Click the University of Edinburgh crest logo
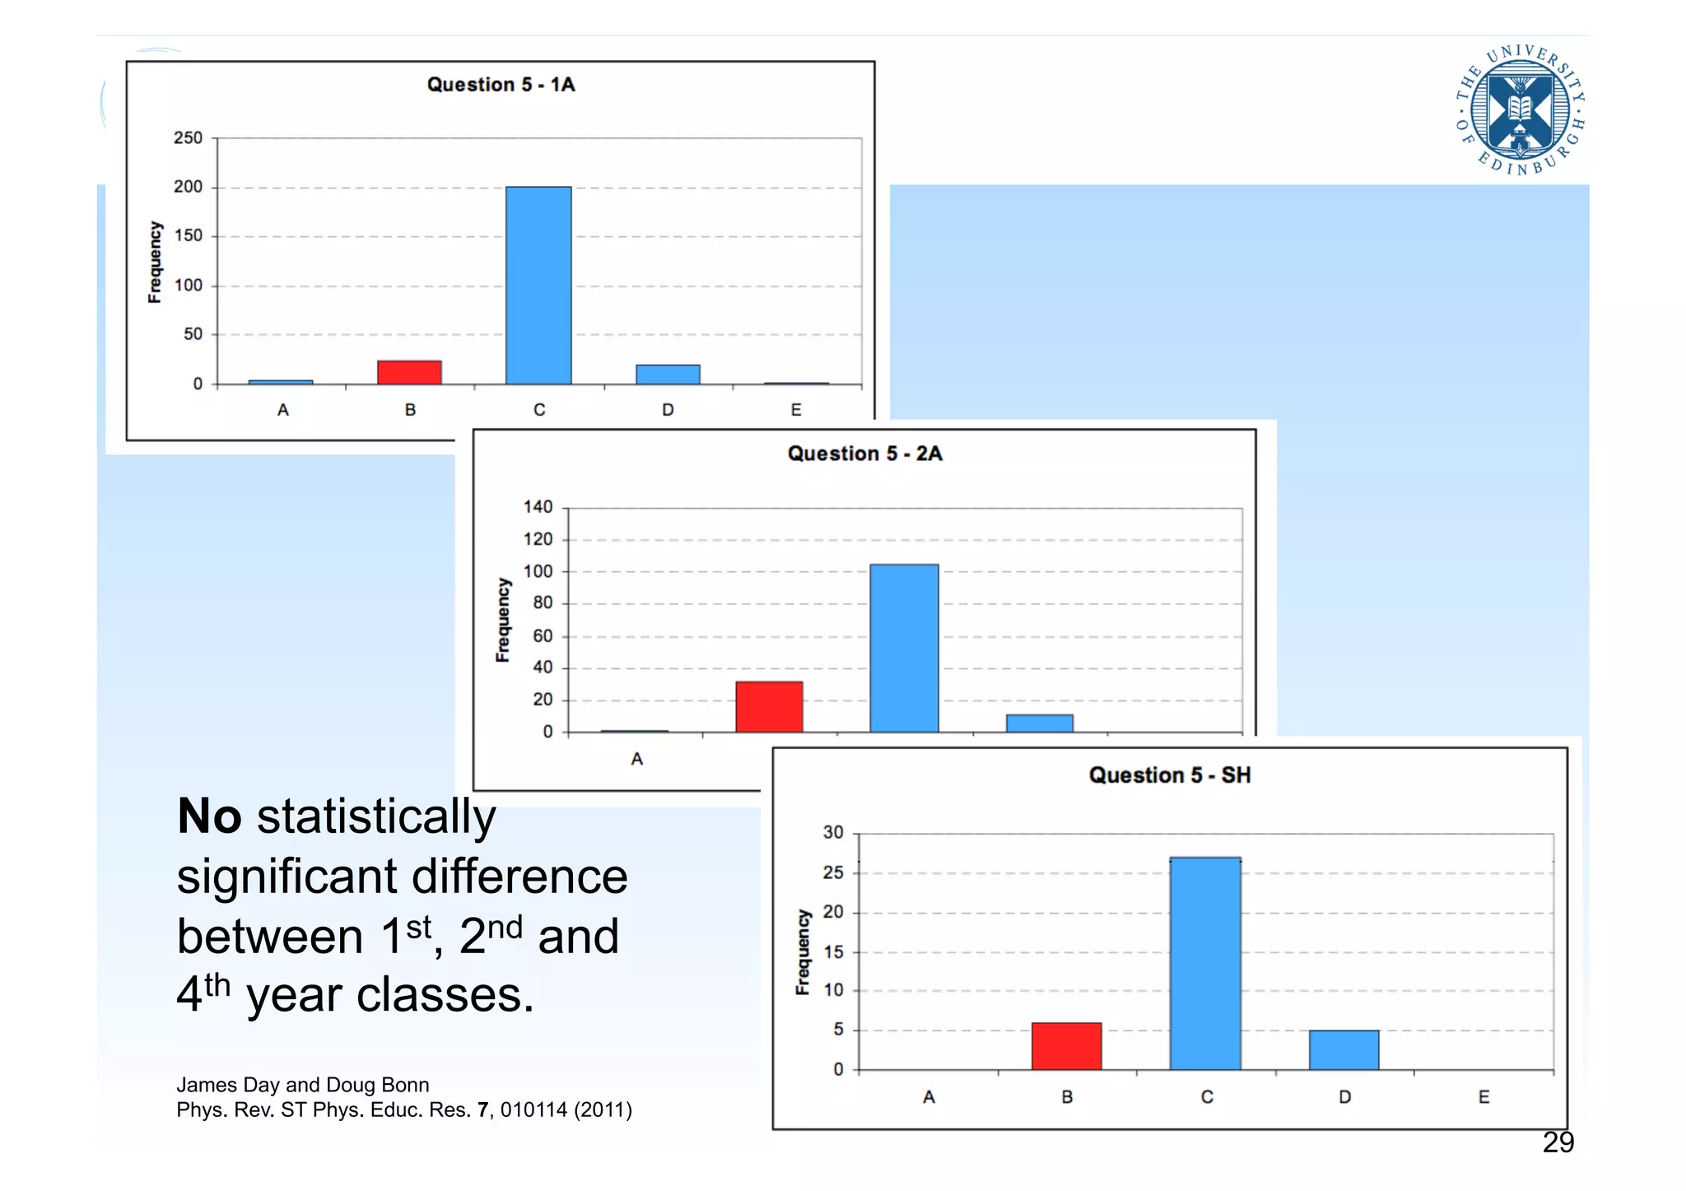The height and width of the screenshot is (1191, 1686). pyautogui.click(x=1520, y=109)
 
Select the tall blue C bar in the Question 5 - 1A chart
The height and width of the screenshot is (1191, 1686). pyautogui.click(x=538, y=285)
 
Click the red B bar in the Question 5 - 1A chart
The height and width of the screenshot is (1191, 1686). pyautogui.click(x=409, y=372)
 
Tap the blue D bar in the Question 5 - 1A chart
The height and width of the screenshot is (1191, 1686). pyautogui.click(x=668, y=375)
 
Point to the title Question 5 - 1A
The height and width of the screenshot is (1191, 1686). pyautogui.click(x=501, y=85)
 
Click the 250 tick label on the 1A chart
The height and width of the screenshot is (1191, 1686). pyautogui.click(x=188, y=138)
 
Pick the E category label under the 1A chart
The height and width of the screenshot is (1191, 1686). pyautogui.click(x=795, y=410)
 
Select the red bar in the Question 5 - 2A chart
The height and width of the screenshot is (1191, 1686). pyautogui.click(x=769, y=706)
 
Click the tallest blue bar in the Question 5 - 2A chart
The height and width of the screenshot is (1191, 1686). pyautogui.click(x=904, y=648)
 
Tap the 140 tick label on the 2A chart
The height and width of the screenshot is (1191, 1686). pyautogui.click(x=538, y=507)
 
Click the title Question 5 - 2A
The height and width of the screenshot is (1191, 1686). pyautogui.click(x=864, y=454)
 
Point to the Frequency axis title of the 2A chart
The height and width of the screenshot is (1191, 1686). pyautogui.click(x=503, y=620)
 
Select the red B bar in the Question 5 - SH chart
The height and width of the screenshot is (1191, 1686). pyautogui.click(x=1066, y=1046)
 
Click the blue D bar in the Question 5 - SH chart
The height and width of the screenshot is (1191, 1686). pyautogui.click(x=1344, y=1049)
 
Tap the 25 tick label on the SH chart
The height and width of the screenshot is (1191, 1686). pyautogui.click(x=833, y=872)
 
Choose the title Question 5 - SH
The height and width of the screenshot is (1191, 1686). pyautogui.click(x=1169, y=775)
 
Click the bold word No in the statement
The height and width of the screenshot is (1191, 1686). pyautogui.click(x=209, y=816)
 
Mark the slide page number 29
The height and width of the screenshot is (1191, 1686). pyautogui.click(x=1558, y=1142)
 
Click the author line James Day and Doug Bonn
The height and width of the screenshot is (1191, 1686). pyautogui.click(x=302, y=1085)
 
